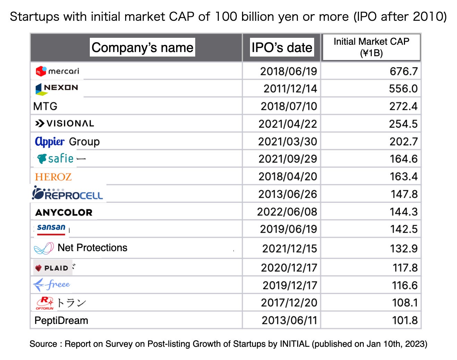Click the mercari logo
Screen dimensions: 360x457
click(x=57, y=71)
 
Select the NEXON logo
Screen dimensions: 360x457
click(x=57, y=88)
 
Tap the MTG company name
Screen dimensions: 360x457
click(x=45, y=106)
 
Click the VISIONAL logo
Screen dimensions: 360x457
click(x=64, y=123)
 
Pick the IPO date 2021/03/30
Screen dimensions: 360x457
click(x=287, y=142)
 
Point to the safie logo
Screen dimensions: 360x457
click(x=55, y=159)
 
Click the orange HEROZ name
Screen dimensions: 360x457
click(x=53, y=177)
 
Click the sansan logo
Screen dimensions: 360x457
click(x=51, y=229)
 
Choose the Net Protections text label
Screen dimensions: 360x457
click(x=92, y=248)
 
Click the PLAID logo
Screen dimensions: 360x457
click(x=52, y=268)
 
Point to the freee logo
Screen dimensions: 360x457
click(x=52, y=285)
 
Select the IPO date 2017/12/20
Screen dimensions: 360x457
click(x=289, y=303)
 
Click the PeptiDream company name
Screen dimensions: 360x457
click(x=61, y=320)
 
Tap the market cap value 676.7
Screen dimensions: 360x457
click(x=403, y=71)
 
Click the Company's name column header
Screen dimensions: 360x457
click(x=142, y=48)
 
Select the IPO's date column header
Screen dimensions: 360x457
click(x=282, y=48)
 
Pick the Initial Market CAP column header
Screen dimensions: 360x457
click(x=371, y=47)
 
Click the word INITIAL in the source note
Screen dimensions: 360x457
click(x=294, y=344)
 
